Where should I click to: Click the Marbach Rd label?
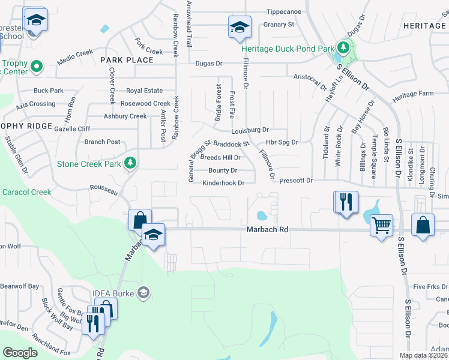(267, 230)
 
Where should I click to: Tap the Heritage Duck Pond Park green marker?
(343, 47)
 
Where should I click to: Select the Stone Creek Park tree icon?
(130, 163)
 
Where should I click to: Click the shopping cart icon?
(381, 225)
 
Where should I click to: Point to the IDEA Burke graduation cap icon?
(143, 293)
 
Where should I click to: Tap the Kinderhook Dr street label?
(223, 183)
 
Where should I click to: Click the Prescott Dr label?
(297, 181)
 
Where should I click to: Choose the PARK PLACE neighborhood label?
(127, 60)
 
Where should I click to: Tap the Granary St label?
(279, 25)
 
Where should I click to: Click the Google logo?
(20, 353)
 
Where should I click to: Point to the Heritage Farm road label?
(412, 95)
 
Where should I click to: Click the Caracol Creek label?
(26, 192)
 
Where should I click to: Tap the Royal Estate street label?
(144, 91)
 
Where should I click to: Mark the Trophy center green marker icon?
(36, 65)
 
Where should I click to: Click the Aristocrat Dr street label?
(310, 77)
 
